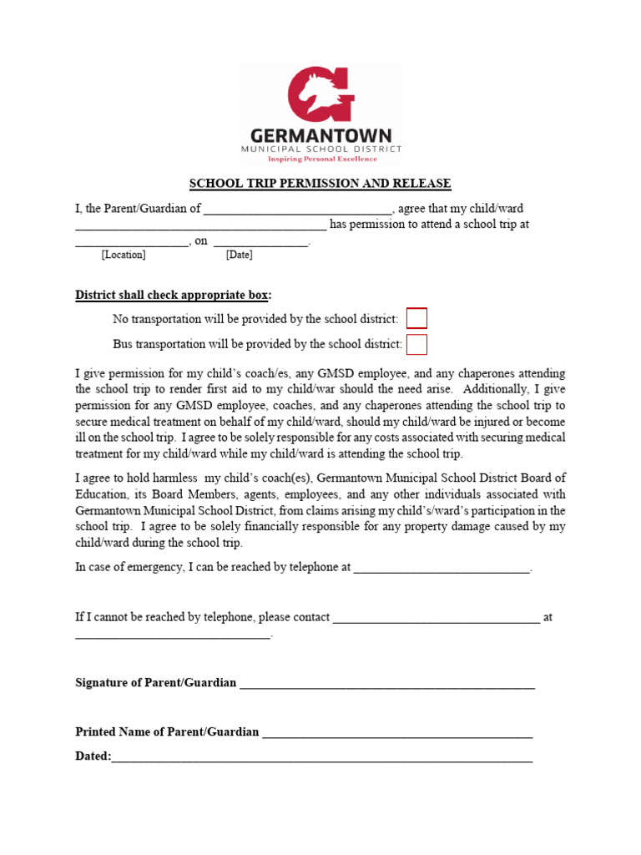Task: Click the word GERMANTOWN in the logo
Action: [320, 135]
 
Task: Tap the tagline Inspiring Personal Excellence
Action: [321, 159]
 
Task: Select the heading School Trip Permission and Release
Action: [320, 184]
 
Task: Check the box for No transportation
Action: [416, 318]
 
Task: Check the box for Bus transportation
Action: [416, 344]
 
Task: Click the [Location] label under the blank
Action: [124, 255]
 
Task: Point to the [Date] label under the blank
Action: [239, 255]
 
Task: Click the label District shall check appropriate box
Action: [174, 295]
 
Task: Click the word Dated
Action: [92, 756]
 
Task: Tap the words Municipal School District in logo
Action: [321, 149]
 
